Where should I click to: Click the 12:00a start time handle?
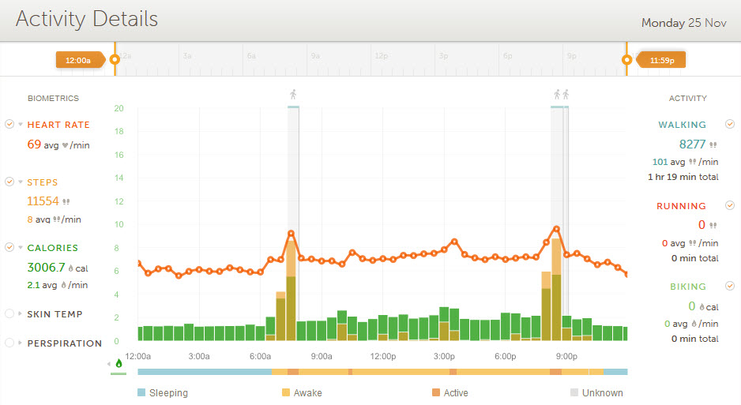[78, 59]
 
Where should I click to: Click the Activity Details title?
[87, 20]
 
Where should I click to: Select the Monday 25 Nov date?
[683, 23]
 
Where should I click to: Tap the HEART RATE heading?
[58, 125]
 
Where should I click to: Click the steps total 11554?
[43, 201]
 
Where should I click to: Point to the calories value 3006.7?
[47, 268]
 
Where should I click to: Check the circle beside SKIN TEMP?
[9, 314]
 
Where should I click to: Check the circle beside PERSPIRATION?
[9, 343]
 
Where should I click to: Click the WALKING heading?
[683, 125]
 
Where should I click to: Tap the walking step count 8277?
[693, 144]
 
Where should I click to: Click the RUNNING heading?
[681, 206]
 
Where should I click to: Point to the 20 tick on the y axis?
[118, 108]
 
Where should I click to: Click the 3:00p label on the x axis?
[445, 356]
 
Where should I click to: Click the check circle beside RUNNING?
[730, 205]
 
